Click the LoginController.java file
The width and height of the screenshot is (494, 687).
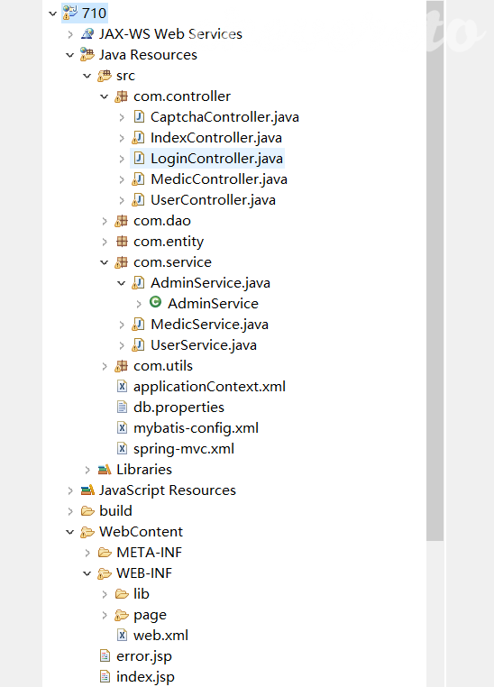pyautogui.click(x=216, y=159)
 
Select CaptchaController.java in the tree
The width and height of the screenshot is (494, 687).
pyautogui.click(x=224, y=117)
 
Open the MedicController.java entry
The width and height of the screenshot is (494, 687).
pyautogui.click(x=219, y=179)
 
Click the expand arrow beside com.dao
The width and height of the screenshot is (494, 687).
pyautogui.click(x=105, y=221)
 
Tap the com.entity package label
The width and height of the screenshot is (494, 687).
pyautogui.click(x=169, y=242)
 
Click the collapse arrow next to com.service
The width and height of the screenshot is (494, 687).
pyautogui.click(x=105, y=262)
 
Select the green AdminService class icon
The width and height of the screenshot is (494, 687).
pyautogui.click(x=155, y=302)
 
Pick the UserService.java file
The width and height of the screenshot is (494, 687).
pyautogui.click(x=204, y=345)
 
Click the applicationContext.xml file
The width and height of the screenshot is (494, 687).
pyautogui.click(x=209, y=387)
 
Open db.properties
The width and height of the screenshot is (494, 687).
pyautogui.click(x=178, y=408)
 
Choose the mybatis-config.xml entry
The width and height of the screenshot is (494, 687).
pyautogui.click(x=196, y=428)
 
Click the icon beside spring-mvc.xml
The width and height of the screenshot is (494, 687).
pyautogui.click(x=123, y=449)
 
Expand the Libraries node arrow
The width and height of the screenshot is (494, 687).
pyautogui.click(x=87, y=470)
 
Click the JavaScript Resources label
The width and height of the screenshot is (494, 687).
pyautogui.click(x=168, y=490)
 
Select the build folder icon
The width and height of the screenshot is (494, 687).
pyautogui.click(x=87, y=511)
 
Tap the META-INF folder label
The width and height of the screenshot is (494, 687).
pyautogui.click(x=149, y=553)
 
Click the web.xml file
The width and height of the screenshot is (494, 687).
pyautogui.click(x=160, y=636)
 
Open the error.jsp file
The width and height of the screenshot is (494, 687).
pyautogui.click(x=144, y=656)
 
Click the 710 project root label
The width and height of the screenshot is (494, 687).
pyautogui.click(x=94, y=14)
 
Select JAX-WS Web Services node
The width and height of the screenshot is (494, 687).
pyautogui.click(x=170, y=34)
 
